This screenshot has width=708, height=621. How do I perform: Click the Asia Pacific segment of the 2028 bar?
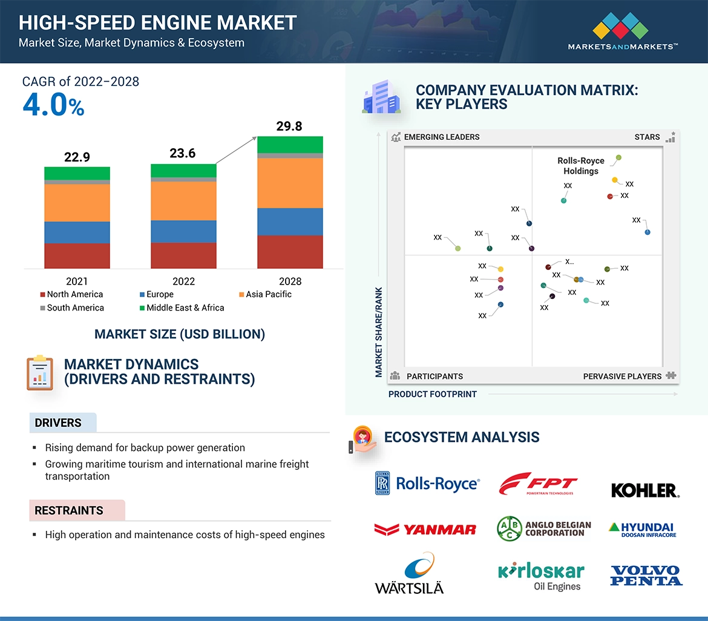[290, 183]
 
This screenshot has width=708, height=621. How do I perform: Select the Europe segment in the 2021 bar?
[77, 232]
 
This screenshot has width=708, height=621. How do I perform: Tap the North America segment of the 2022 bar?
[183, 255]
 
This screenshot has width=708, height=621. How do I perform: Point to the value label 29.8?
[289, 126]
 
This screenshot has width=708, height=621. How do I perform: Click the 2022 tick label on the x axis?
[183, 281]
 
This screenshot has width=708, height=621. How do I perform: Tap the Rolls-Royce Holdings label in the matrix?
[581, 166]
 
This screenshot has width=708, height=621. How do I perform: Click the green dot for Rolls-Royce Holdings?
[618, 158]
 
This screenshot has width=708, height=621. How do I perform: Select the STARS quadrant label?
[647, 137]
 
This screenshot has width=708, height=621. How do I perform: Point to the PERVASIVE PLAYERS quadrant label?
[622, 376]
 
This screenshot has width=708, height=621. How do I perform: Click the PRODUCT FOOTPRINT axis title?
[433, 395]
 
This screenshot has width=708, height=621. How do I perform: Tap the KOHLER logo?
[645, 490]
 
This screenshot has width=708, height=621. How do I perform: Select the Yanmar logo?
[425, 530]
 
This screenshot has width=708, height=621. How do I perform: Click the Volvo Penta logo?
[646, 575]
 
